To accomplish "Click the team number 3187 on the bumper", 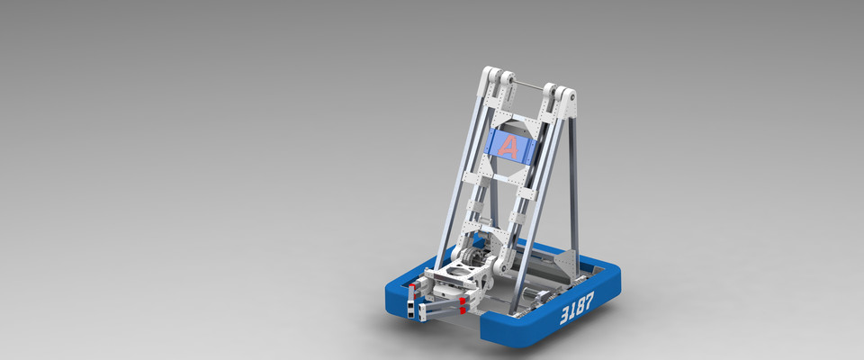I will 576,312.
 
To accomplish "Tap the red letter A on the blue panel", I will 510,147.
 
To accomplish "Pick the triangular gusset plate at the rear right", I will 566,260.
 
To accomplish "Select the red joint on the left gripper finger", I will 411,291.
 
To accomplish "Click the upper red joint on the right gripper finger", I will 463,299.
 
